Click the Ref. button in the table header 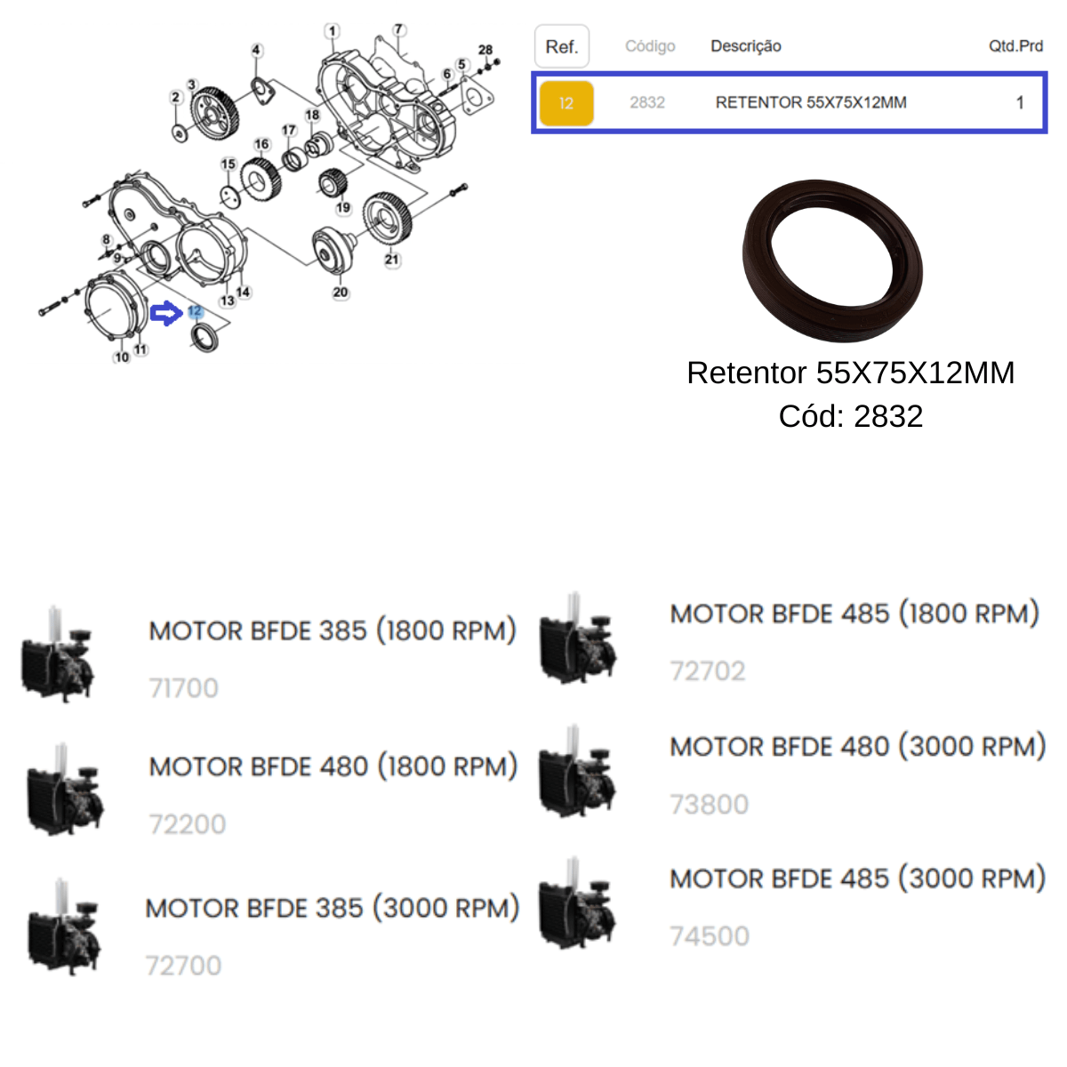(561, 46)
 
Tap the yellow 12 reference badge (566, 103)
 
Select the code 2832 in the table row (646, 102)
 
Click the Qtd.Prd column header (1015, 46)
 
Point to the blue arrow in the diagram (166, 314)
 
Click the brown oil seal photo (832, 261)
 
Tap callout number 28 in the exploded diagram (485, 50)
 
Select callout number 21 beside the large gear (392, 259)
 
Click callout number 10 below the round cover (122, 357)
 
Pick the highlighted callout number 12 (195, 311)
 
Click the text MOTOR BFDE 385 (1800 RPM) (333, 630)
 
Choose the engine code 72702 (708, 671)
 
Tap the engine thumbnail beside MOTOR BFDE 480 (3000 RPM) (578, 771)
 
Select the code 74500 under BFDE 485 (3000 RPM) (710, 936)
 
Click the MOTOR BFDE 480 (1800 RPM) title (333, 766)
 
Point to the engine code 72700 (183, 966)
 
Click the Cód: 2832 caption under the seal (851, 416)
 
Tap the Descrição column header (746, 46)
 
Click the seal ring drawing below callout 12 (205, 338)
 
